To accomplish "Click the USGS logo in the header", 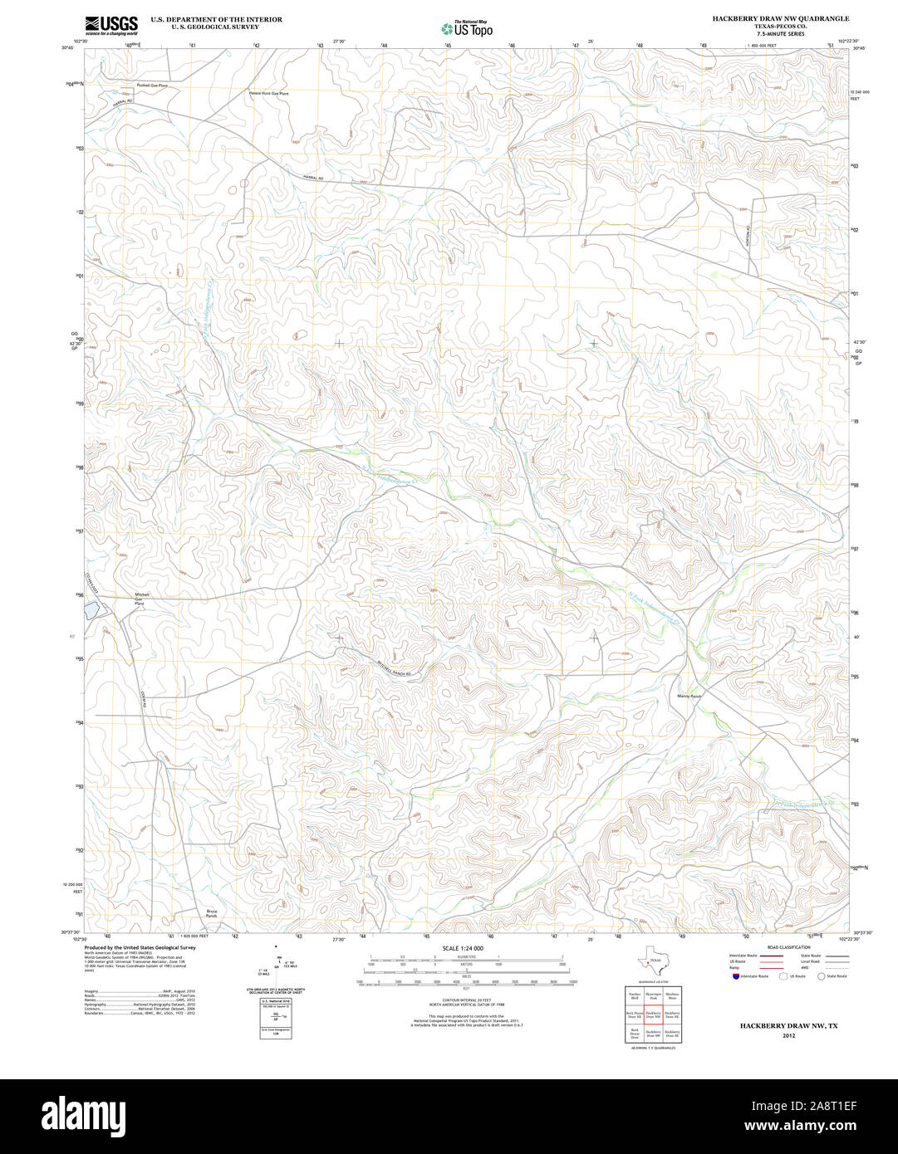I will click(x=111, y=24).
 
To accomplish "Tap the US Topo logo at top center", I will click(x=467, y=28).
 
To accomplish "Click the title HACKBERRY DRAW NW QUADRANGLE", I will click(x=780, y=18).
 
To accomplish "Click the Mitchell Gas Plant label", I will click(x=141, y=599).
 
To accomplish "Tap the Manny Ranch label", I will click(x=689, y=696).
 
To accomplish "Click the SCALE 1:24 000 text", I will click(x=463, y=948).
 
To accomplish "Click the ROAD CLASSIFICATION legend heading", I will click(x=788, y=947).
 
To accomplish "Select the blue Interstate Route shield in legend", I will click(x=736, y=976).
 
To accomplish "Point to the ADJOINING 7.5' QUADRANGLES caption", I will click(x=653, y=1049).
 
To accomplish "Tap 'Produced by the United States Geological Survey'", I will click(x=140, y=947).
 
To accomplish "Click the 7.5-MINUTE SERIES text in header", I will click(x=780, y=34).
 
